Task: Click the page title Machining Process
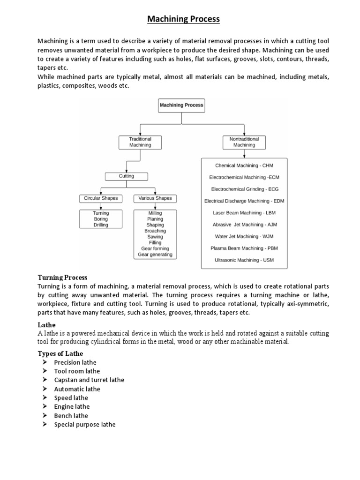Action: pos(183,19)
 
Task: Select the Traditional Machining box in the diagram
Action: pos(140,142)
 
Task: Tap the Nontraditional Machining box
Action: pos(244,142)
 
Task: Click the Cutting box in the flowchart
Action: pos(126,176)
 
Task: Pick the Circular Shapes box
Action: pos(101,198)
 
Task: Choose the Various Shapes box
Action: pos(155,198)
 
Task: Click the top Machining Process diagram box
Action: pos(181,105)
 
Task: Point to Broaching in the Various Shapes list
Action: pos(155,231)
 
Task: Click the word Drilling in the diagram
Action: pos(101,225)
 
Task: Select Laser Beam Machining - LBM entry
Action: pos(244,213)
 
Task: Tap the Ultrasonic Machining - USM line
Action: pos(244,260)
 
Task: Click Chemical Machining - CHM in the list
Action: pos(244,165)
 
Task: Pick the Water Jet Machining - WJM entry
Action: pos(244,236)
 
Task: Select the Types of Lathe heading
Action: pos(60,353)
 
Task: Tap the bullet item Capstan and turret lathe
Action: pos(89,380)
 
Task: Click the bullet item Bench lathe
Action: pos(71,416)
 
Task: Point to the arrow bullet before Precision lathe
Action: pos(44,362)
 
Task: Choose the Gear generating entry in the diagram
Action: pos(155,255)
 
